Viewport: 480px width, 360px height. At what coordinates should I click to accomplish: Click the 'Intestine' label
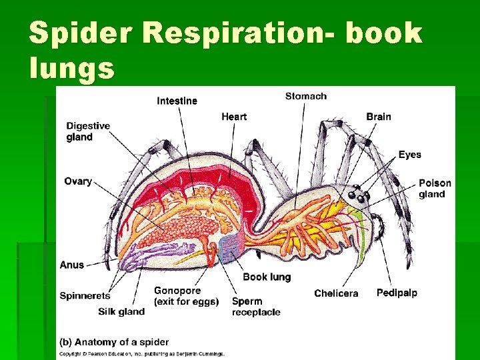coord(177,101)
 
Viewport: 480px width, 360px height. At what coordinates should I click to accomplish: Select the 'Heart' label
coord(234,117)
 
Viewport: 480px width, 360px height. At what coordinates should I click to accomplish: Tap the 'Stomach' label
coord(306,96)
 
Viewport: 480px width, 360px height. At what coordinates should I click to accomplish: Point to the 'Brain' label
coord(378,117)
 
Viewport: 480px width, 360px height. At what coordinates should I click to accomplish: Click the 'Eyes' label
coord(409,155)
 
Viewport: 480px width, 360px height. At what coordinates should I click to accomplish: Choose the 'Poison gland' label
coord(435,189)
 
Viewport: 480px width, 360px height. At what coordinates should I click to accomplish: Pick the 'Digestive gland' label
coord(88,131)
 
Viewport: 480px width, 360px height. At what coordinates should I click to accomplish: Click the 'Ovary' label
coord(78,181)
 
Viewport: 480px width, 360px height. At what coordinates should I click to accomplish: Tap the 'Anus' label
coord(72,265)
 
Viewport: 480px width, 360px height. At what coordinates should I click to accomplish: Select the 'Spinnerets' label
coord(85,296)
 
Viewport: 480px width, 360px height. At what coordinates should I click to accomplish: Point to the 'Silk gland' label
coord(121,311)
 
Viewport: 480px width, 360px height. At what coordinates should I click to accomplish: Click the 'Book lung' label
coord(267,277)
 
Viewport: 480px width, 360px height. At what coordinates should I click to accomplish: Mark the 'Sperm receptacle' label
coord(256,307)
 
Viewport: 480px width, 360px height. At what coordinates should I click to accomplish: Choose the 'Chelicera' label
coord(336,293)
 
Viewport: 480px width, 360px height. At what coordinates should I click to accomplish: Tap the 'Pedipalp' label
coord(397,293)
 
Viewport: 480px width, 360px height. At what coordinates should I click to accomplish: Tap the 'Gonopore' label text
coord(177,291)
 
